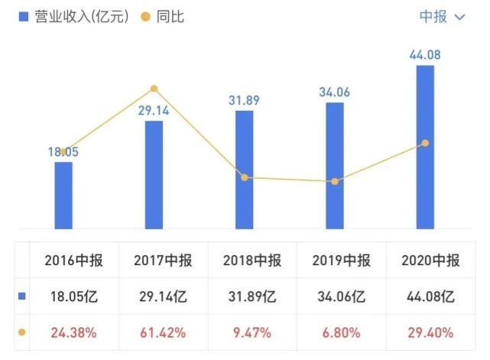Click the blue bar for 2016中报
[63, 195]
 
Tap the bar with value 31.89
[245, 170]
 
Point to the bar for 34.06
[335, 165]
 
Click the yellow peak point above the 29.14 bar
[154, 89]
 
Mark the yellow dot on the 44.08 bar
[425, 143]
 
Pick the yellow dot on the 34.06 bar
[335, 181]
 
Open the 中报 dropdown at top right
[442, 16]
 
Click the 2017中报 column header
[162, 261]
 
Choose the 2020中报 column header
[430, 261]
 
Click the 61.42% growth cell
[162, 332]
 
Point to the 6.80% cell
[341, 332]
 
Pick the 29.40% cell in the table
[430, 332]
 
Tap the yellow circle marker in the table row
[21, 332]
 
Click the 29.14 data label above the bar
[154, 110]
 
